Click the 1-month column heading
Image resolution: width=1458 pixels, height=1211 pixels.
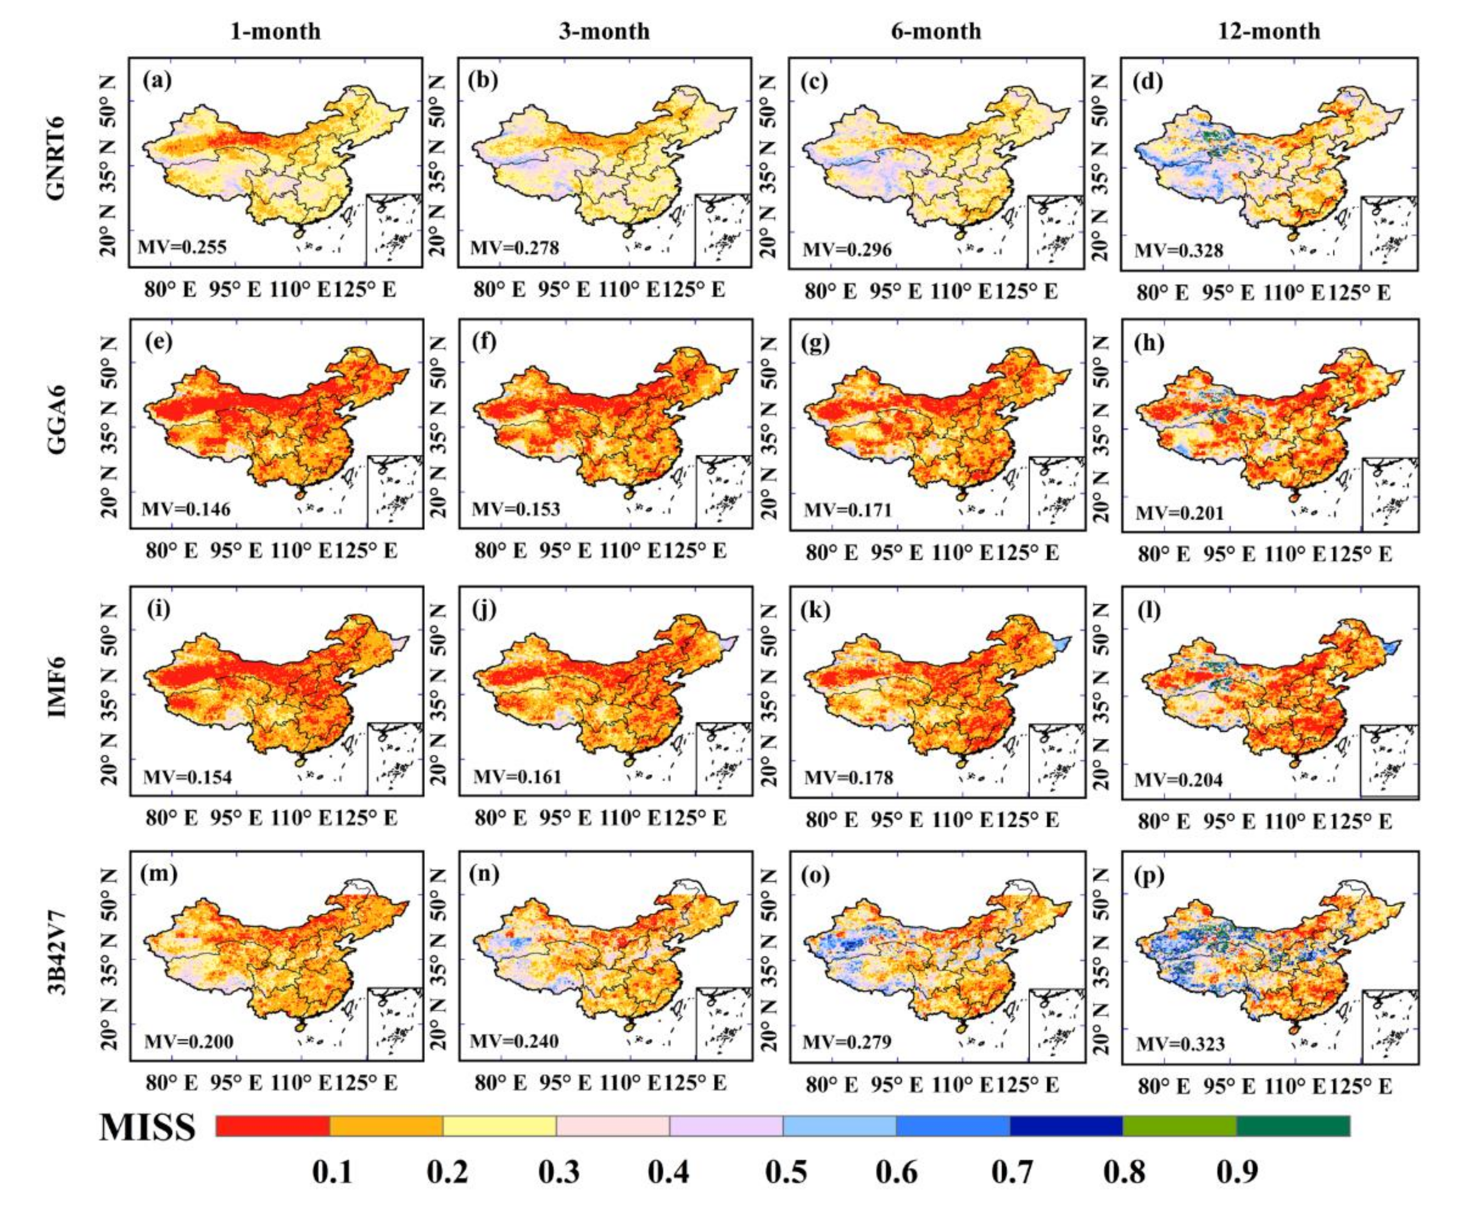[275, 31]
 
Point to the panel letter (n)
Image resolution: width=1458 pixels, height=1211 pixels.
[484, 873]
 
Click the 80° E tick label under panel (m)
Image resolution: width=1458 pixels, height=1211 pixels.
[171, 1083]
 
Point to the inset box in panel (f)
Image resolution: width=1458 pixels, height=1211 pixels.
[724, 491]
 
